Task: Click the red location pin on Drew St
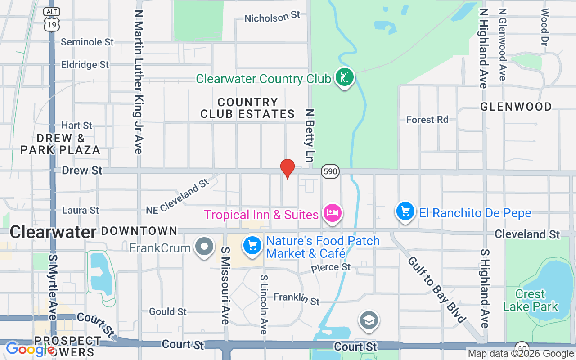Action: tap(288, 168)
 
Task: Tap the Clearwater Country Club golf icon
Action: tap(344, 78)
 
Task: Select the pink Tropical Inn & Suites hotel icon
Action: tap(332, 213)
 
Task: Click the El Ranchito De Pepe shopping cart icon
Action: tap(405, 211)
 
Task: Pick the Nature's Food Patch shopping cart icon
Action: tap(252, 246)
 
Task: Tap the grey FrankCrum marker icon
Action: tap(205, 247)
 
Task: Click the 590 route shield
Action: tap(330, 171)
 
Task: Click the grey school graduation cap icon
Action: tap(369, 320)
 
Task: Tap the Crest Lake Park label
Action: tap(531, 301)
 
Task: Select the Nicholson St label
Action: tap(272, 17)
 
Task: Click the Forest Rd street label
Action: tap(427, 120)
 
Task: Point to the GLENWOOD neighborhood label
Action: tap(516, 107)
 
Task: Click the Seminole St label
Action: tap(87, 42)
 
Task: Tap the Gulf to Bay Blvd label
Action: tap(436, 290)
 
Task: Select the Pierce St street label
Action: tap(331, 267)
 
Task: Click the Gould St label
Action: tap(168, 311)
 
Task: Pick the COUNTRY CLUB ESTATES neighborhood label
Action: tap(247, 108)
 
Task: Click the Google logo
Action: tap(30, 349)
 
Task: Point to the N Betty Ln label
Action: tap(309, 135)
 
